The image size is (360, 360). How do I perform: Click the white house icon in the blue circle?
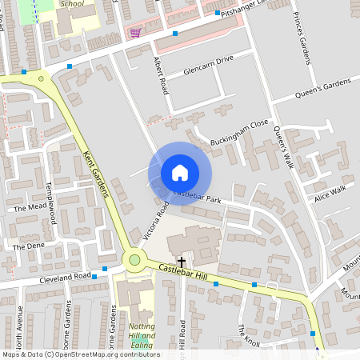tap(180, 172)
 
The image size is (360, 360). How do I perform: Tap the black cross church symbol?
tap(182, 262)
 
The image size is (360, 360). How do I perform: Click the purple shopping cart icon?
tap(135, 34)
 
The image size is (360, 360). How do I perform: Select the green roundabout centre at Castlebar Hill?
tap(134, 259)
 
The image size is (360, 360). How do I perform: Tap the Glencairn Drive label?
tap(207, 65)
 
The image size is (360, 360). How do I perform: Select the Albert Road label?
tap(159, 76)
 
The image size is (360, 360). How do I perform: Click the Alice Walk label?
tap(330, 194)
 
